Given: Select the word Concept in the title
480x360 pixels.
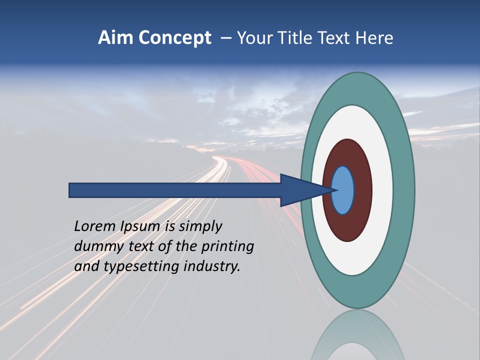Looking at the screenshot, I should pyautogui.click(x=174, y=38).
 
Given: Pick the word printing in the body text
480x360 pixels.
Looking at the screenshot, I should pyautogui.click(x=227, y=247).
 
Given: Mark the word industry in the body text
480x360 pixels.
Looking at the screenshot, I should pyautogui.click(x=212, y=267).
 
